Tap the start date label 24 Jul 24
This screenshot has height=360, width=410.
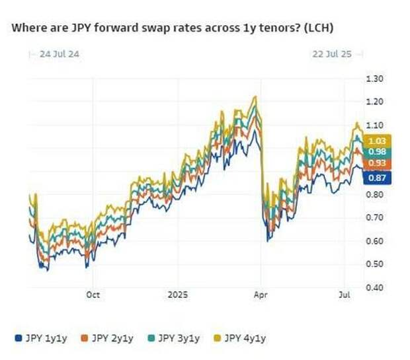(56, 54)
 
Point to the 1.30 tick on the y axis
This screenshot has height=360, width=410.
(375, 79)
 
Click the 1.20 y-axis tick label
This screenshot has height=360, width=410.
(375, 102)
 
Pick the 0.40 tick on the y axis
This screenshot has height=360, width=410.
(375, 287)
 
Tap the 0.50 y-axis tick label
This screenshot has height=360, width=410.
(375, 264)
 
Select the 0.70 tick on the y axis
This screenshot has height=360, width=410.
(375, 218)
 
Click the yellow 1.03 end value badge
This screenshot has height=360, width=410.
(378, 141)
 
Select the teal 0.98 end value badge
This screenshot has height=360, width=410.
(378, 152)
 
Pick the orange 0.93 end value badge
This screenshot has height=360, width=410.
(378, 164)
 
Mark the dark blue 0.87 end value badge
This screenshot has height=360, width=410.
(378, 178)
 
